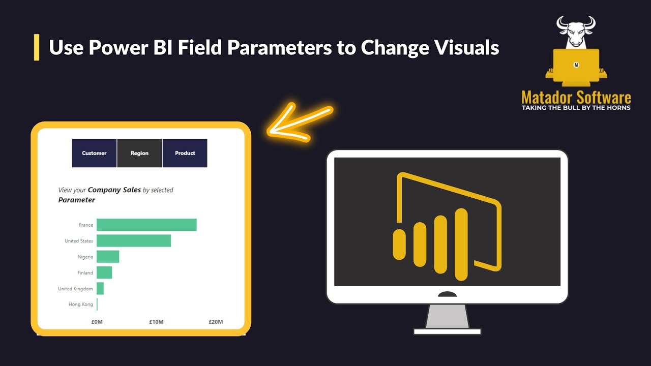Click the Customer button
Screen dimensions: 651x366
(94, 153)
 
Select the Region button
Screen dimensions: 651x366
(139, 153)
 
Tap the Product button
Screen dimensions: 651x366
(185, 153)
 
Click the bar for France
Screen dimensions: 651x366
(146, 225)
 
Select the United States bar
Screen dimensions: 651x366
(134, 241)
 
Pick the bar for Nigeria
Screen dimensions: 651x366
(108, 257)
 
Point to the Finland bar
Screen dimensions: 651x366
(104, 272)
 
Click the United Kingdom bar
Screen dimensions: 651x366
(100, 288)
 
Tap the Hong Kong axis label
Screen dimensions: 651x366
(81, 304)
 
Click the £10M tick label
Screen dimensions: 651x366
(156, 322)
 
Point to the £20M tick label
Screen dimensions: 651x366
(216, 322)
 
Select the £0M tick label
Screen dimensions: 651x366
(97, 322)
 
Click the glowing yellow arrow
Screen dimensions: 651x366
(300, 123)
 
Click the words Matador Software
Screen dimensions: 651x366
(576, 97)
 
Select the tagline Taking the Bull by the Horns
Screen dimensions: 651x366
(576, 108)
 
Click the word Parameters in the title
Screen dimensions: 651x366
(279, 47)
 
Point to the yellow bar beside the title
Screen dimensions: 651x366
(37, 47)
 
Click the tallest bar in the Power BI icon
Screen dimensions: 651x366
(461, 245)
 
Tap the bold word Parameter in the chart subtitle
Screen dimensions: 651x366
(76, 200)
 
